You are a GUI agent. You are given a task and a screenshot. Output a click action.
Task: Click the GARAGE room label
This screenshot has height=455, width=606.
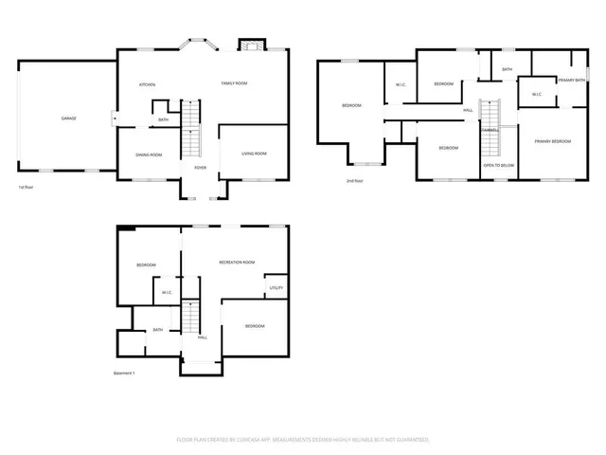(69, 118)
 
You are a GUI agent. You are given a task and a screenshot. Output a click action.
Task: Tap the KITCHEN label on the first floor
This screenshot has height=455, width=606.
(148, 84)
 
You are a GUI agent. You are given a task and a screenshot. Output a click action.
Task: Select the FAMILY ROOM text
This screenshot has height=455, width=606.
(234, 84)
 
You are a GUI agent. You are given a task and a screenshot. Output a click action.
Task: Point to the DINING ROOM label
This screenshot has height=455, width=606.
(149, 155)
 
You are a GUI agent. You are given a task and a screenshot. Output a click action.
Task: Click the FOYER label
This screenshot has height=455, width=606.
(201, 168)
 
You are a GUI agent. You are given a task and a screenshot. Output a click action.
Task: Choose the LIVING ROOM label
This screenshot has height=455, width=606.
(254, 154)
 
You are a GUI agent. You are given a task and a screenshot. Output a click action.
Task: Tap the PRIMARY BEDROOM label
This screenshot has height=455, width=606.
(552, 141)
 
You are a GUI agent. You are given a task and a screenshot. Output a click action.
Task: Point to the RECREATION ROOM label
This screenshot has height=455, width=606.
(237, 262)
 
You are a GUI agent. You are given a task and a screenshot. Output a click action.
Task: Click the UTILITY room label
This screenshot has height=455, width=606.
(276, 287)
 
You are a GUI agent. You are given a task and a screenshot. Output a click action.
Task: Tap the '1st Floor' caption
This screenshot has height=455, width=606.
(27, 188)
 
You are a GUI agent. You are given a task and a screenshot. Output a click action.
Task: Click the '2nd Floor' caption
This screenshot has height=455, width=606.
(355, 180)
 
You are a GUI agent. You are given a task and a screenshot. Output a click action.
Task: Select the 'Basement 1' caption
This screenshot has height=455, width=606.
(124, 373)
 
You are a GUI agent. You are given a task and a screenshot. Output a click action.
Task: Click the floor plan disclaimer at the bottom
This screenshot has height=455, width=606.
(303, 440)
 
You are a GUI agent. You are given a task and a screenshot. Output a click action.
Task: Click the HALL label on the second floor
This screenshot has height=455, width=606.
(468, 111)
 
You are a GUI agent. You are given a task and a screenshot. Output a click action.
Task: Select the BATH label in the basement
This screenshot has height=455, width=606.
(158, 330)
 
